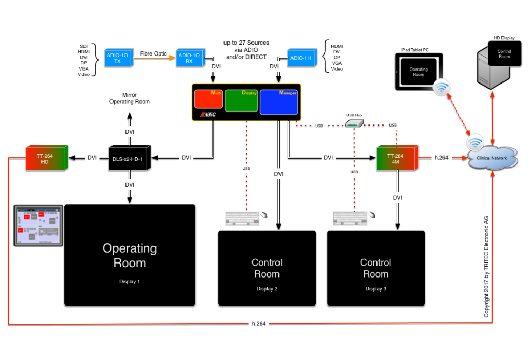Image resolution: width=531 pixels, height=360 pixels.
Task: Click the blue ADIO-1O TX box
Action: pos(118,58)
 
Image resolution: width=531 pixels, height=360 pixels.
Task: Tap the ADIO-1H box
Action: pos(301,58)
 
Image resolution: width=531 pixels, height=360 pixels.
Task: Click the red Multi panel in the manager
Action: pos(208,99)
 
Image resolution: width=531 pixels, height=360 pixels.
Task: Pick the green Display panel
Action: pos(241,101)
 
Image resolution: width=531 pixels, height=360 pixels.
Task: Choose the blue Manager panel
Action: pos(278,102)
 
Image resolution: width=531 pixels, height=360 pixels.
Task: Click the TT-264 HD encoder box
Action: pos(47,158)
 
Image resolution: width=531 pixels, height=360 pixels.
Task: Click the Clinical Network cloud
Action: pos(492,158)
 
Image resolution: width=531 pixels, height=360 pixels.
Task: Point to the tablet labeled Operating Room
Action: pos(419,72)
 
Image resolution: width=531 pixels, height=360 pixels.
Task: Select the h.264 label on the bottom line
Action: pos(259,324)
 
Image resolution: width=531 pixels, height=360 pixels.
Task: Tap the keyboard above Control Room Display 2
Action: pos(243,218)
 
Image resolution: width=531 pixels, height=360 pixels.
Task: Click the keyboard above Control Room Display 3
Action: pos(351,218)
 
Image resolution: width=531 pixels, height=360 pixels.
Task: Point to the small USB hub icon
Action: pos(354,123)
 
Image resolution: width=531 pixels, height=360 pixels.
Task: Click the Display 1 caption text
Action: pos(130,282)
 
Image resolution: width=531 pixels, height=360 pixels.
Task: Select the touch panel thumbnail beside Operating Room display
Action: pos(38,225)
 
